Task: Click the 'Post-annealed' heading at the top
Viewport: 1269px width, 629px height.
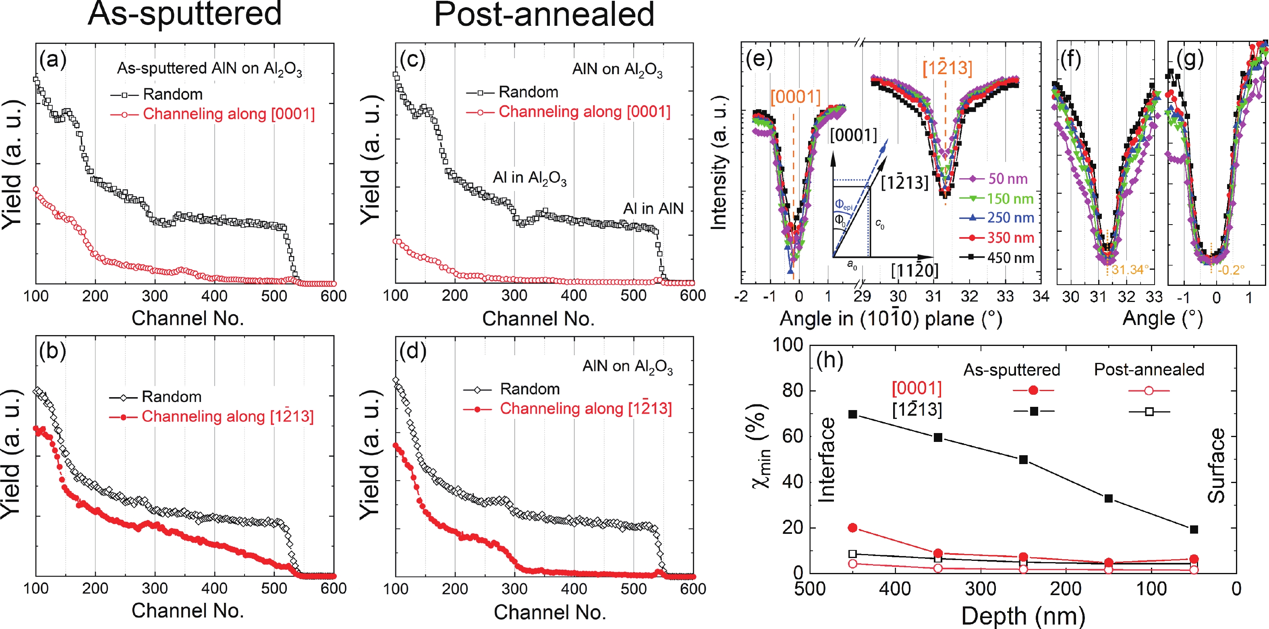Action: pos(544,15)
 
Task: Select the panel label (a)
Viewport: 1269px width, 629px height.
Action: pos(53,60)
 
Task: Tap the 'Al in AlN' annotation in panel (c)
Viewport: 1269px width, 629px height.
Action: pos(653,208)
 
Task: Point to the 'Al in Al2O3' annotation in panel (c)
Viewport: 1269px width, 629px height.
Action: pos(530,178)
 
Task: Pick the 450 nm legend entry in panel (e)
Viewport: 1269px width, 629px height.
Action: pos(1010,258)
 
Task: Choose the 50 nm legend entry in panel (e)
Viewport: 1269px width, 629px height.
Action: pos(1008,179)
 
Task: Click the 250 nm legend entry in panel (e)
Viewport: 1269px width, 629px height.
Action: pos(1010,218)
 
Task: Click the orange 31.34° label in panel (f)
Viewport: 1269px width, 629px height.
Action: pos(1130,270)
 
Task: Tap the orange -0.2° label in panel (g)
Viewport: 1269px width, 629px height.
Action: pos(1231,270)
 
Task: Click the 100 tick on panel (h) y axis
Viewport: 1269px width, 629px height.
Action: pos(787,345)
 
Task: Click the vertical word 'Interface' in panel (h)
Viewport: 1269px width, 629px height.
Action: pos(827,460)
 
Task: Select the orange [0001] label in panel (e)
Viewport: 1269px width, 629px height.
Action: pos(795,97)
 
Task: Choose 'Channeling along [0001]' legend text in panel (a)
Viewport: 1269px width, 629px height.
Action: pos(228,114)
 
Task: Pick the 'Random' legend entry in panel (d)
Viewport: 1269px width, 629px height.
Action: pos(530,389)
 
